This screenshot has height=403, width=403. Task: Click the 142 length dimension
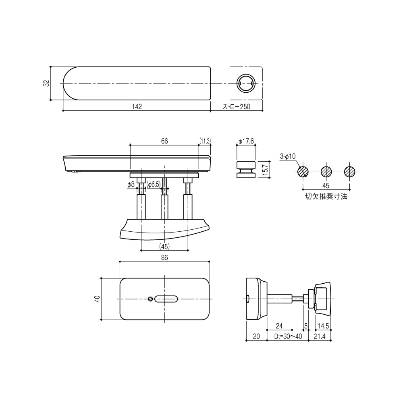click(x=137, y=107)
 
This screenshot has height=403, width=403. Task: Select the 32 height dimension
click(x=46, y=83)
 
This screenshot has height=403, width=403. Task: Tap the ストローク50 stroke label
click(x=237, y=107)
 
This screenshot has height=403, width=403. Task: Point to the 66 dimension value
click(x=164, y=141)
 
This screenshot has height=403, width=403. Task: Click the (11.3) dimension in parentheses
click(x=205, y=141)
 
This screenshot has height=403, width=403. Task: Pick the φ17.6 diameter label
click(x=245, y=141)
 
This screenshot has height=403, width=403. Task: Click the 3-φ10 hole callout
click(x=288, y=156)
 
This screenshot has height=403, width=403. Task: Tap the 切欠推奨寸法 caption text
click(x=326, y=197)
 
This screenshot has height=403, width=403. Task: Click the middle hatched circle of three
click(x=326, y=171)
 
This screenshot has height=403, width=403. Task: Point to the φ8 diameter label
click(x=131, y=184)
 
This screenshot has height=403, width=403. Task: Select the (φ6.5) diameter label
click(x=154, y=184)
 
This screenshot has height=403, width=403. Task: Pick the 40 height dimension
click(x=97, y=299)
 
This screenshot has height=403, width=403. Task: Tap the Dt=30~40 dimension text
click(x=288, y=336)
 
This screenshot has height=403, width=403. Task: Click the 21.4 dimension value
click(x=320, y=336)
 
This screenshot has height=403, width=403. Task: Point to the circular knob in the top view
click(x=245, y=83)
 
